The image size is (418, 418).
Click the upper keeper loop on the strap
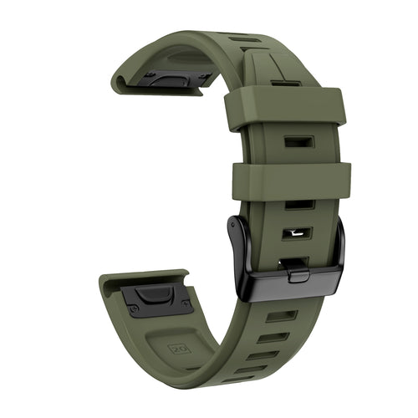click(x=284, y=108)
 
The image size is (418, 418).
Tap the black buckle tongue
click(x=294, y=268)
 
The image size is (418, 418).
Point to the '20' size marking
click(x=178, y=346)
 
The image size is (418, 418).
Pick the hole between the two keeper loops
click(x=298, y=141)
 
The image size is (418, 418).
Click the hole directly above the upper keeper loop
click(x=285, y=83)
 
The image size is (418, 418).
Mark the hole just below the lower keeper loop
click(x=298, y=205)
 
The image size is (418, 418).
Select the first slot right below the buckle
click(x=282, y=316)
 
